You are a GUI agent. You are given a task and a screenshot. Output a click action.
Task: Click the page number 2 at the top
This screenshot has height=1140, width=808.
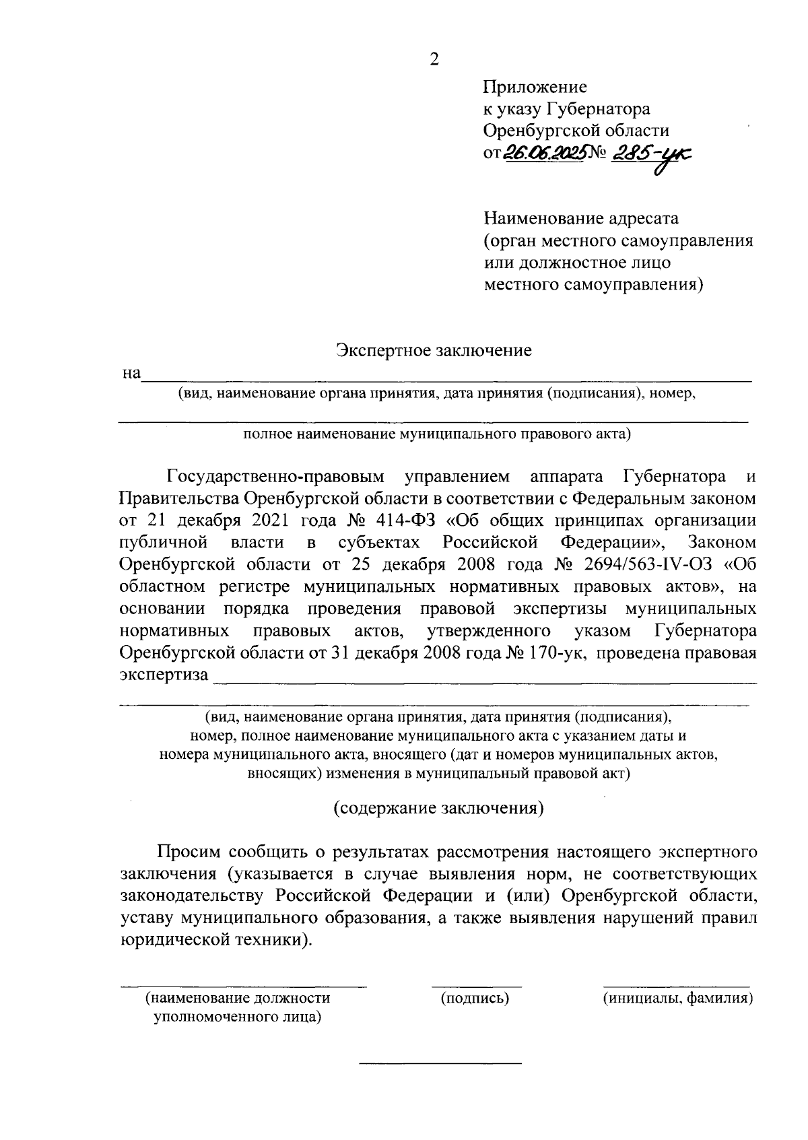[x=434, y=60]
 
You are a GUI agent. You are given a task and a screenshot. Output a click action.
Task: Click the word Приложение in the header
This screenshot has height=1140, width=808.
[x=535, y=87]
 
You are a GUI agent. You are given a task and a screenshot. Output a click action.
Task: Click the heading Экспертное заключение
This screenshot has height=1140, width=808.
[x=434, y=350]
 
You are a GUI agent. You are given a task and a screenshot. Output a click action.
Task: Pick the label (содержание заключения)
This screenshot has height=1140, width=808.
[x=438, y=807]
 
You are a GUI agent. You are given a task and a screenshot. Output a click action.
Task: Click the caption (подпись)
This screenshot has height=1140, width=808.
[x=474, y=998]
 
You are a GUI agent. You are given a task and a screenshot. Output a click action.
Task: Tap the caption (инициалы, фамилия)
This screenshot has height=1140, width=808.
[x=677, y=998]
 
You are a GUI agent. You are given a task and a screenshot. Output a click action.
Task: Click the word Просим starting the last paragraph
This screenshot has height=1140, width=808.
[x=189, y=852]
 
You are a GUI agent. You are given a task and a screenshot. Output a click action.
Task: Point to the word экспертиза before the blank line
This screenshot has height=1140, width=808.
[x=164, y=675]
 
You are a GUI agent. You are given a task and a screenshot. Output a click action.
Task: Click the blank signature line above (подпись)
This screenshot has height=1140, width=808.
[x=476, y=986]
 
